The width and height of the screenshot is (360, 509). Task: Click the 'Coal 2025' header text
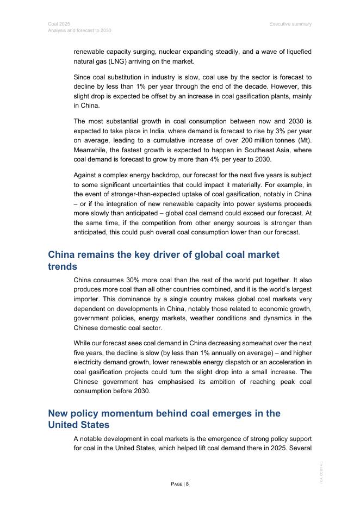[59, 24]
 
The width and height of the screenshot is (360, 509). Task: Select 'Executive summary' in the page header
[290, 24]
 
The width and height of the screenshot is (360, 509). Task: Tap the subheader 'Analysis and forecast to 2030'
[79, 30]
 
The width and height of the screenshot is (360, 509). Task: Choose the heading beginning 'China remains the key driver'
[163, 260]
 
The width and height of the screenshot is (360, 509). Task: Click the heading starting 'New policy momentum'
[164, 419]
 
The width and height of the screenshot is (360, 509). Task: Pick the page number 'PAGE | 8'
[180, 484]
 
